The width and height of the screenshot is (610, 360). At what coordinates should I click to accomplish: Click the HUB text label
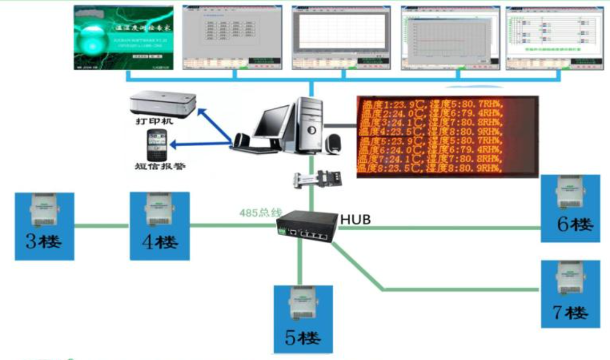pos(355,219)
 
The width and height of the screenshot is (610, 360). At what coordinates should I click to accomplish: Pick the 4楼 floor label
pos(160,242)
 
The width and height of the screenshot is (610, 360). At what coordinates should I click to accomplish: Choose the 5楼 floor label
pos(303,338)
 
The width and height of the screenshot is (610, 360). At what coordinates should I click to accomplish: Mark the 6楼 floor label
pos(575,224)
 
